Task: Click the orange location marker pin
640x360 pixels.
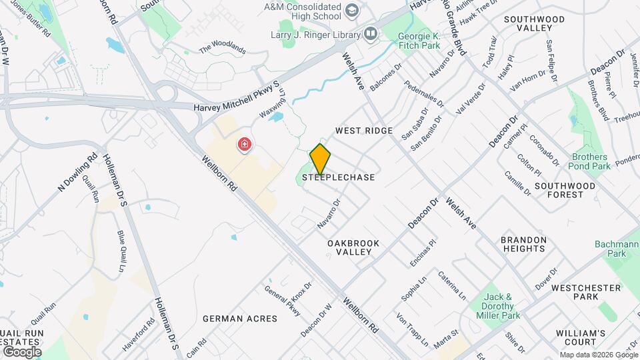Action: coord(320,159)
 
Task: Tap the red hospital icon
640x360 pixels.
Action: coord(245,144)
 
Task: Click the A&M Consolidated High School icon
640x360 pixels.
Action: coord(351,10)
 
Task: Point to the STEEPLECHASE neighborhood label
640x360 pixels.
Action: coord(339,178)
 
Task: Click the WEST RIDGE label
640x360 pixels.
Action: coord(364,131)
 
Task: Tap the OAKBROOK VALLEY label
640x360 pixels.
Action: coord(353,248)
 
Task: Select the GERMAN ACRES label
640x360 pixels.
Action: coord(240,319)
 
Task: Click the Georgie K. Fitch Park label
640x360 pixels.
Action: coord(419,41)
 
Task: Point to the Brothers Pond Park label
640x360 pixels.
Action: coord(591,161)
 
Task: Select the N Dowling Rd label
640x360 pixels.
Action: coord(78,174)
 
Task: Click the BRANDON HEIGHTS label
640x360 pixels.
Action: coord(524,244)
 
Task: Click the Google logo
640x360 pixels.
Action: coord(22,351)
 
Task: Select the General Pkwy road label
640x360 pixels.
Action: coord(283,299)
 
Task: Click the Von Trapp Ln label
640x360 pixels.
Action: coord(413,329)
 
